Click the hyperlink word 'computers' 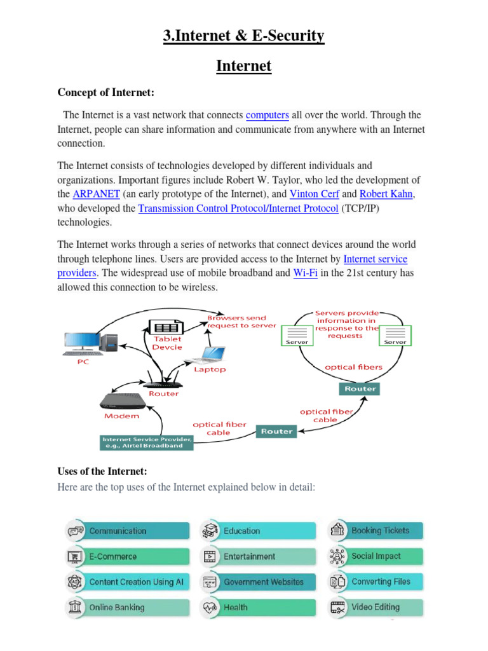click(267, 115)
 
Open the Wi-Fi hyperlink click(305, 273)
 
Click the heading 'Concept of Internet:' click(106, 93)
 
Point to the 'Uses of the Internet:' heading click(102, 471)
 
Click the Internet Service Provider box click(146, 442)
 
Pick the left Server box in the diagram click(297, 334)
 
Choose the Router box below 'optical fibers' click(360, 388)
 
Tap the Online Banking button click(127, 607)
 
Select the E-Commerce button click(127, 556)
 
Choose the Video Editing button click(376, 606)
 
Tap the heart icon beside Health click(210, 608)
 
